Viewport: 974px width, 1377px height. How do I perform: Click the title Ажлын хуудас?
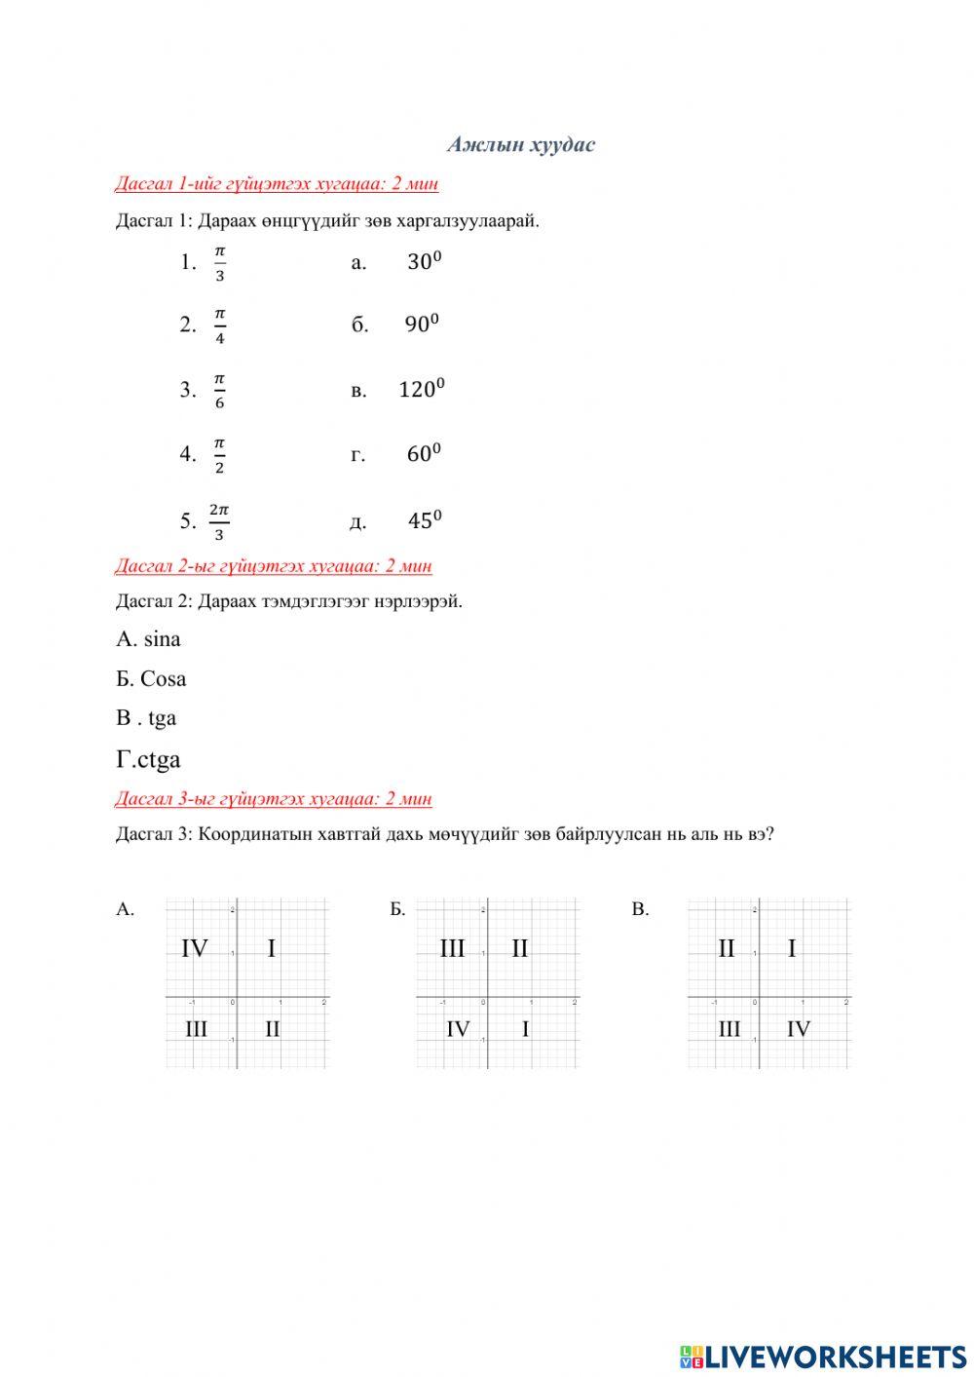pos(521,145)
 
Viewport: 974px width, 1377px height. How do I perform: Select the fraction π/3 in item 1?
pos(219,263)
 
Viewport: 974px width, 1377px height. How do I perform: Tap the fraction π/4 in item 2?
pos(219,325)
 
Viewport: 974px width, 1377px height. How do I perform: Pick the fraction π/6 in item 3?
pos(219,390)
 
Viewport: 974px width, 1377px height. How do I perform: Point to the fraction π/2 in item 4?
pos(219,455)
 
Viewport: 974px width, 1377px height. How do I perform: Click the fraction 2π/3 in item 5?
pos(219,521)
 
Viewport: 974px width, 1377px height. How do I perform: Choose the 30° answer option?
pos(424,261)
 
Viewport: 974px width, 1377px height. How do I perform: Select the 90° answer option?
pos(422,325)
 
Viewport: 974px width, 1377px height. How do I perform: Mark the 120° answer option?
pos(421,389)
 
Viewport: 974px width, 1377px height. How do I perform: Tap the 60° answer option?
pos(424,453)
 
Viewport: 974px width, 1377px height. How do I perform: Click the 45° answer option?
pos(424,520)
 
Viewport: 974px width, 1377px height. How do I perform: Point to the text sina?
pos(162,639)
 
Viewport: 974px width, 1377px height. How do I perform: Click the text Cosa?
pos(163,678)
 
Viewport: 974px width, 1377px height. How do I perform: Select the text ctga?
pos(159,759)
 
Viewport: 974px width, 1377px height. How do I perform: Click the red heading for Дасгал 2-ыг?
pos(274,566)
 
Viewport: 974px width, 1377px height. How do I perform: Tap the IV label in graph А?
pos(195,947)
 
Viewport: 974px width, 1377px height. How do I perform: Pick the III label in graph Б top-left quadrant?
pos(452,947)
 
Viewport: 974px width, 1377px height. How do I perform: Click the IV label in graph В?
pos(798,1028)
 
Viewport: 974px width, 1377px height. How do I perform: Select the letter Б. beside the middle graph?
pos(397,909)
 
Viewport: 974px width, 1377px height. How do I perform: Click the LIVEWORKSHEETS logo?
pos(823,1356)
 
